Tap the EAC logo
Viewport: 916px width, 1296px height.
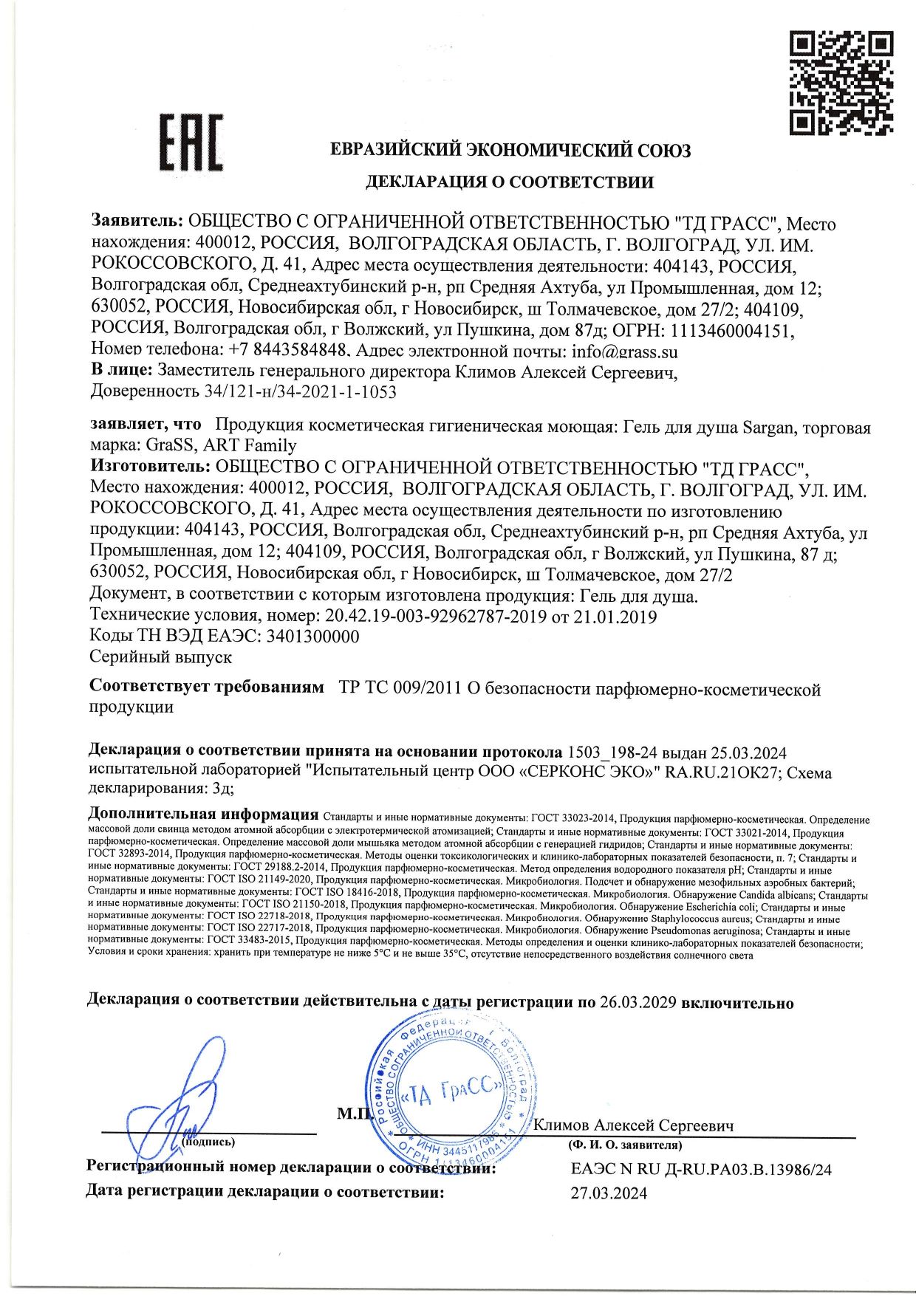pyautogui.click(x=191, y=143)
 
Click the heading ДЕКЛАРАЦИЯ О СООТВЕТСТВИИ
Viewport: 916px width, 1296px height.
pyautogui.click(x=510, y=182)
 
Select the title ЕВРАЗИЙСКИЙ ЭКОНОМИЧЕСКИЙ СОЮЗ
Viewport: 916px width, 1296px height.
pyautogui.click(x=510, y=151)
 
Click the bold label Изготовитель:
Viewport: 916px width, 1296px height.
pyautogui.click(x=150, y=467)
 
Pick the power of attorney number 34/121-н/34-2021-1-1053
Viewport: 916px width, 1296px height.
pyautogui.click(x=299, y=391)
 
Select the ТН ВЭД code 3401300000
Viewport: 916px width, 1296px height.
pyautogui.click(x=312, y=636)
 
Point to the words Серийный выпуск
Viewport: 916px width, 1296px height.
pyautogui.click(x=160, y=656)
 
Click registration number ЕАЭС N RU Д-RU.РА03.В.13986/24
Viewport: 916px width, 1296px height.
pyautogui.click(x=701, y=1169)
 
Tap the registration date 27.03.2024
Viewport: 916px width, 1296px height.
pyautogui.click(x=609, y=1193)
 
